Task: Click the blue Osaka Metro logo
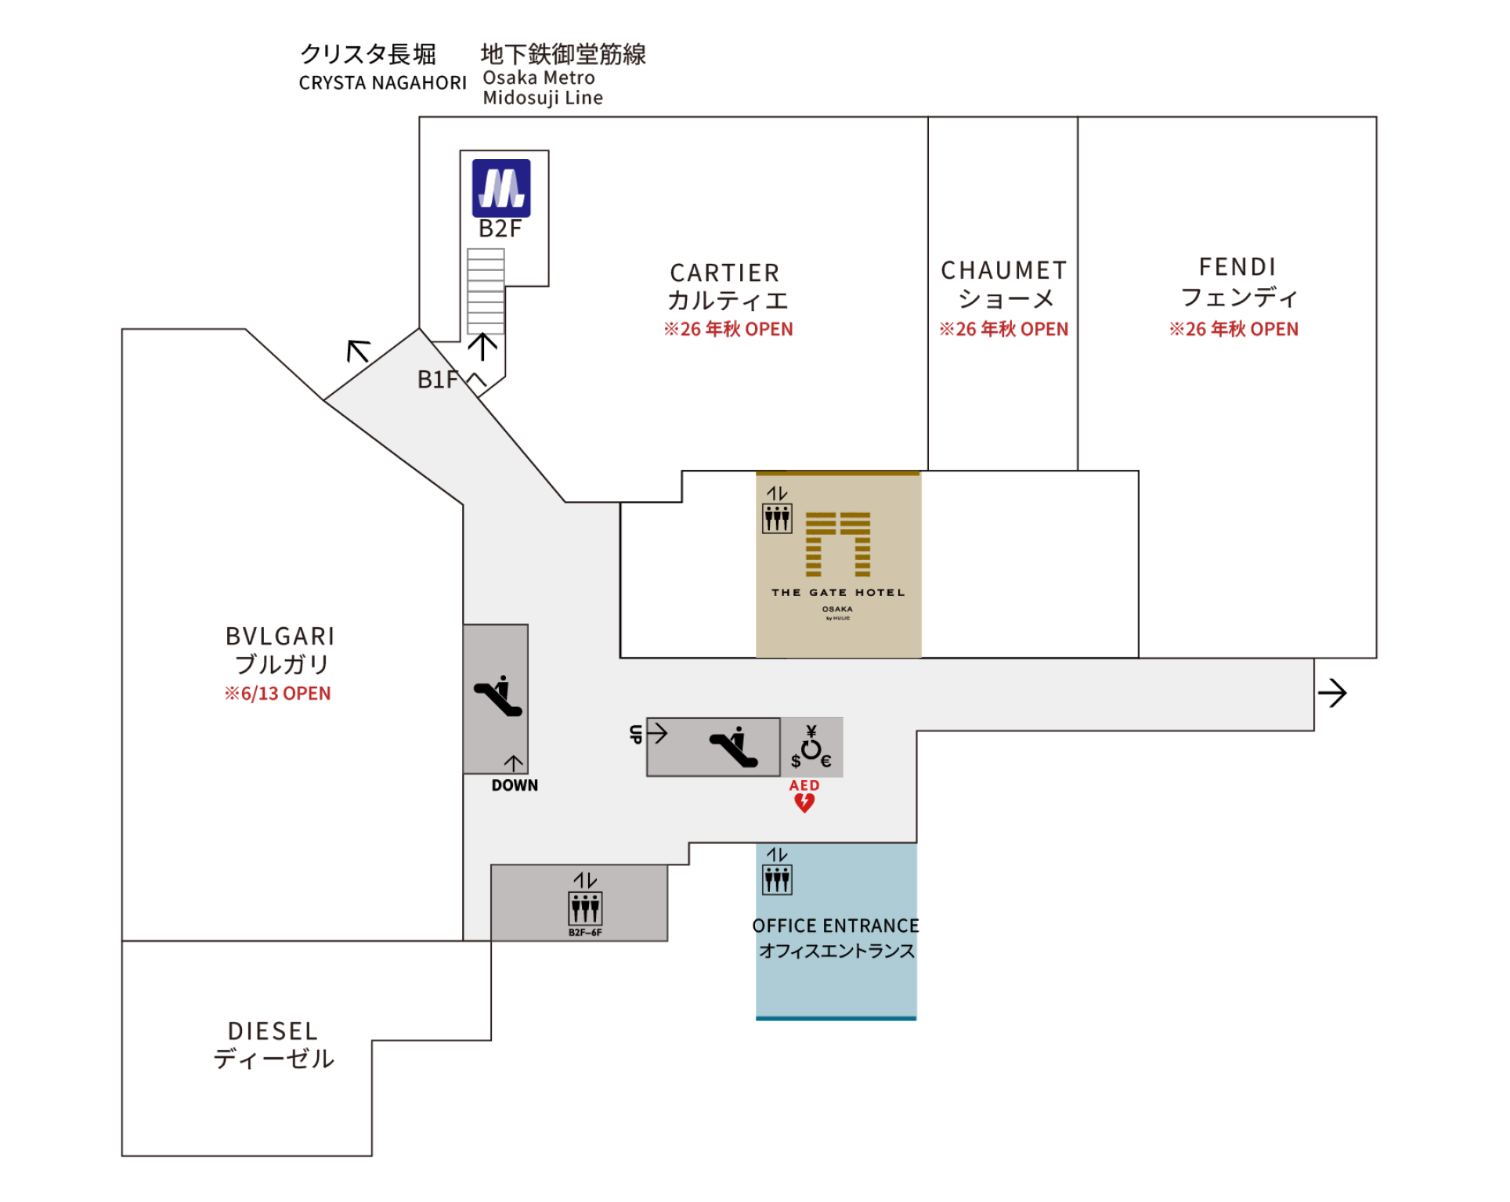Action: click(501, 188)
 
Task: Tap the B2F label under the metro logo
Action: click(500, 229)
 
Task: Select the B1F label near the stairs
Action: click(437, 380)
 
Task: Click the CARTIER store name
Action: click(724, 273)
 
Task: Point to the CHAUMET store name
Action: click(1003, 270)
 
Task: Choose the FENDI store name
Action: click(1237, 267)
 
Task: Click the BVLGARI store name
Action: click(280, 636)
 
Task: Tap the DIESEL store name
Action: click(273, 1031)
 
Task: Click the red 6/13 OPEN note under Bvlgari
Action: click(278, 694)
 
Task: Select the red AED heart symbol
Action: click(804, 803)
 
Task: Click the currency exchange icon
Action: click(811, 747)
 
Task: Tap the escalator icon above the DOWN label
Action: click(498, 695)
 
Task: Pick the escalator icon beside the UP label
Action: click(733, 747)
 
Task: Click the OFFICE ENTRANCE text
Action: click(836, 926)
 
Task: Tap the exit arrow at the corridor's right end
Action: click(1331, 693)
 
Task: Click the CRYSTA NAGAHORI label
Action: click(382, 83)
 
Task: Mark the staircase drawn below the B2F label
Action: click(486, 291)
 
